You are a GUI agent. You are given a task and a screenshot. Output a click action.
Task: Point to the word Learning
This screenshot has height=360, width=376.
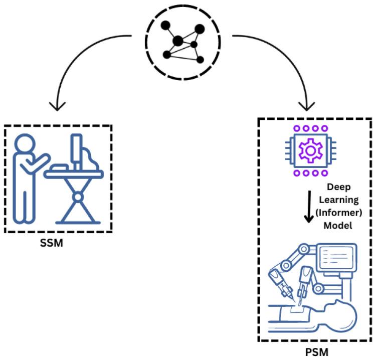tap(337, 200)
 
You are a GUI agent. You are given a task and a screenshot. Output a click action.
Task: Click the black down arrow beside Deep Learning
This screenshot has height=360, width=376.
tap(309, 209)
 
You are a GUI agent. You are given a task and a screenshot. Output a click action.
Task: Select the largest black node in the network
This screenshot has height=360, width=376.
tap(177, 41)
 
